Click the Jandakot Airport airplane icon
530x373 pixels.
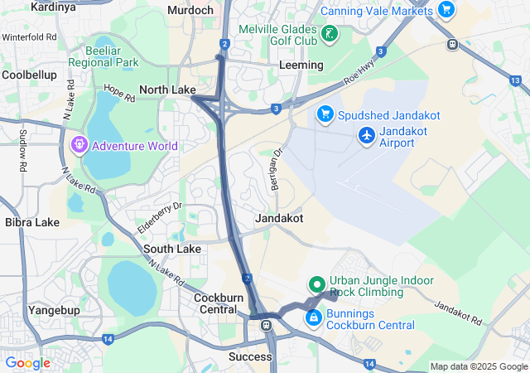(367, 134)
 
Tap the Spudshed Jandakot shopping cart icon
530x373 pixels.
(325, 114)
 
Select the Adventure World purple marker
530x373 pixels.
(79, 146)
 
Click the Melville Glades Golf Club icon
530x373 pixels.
(330, 35)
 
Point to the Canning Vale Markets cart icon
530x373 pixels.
(446, 9)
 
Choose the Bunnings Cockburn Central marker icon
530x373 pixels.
(314, 317)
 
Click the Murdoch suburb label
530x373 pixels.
(190, 10)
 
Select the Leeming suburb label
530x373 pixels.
(301, 65)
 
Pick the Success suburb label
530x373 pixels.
(250, 356)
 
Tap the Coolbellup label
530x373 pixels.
(29, 75)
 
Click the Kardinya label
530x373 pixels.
(53, 7)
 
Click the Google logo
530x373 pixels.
(27, 363)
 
